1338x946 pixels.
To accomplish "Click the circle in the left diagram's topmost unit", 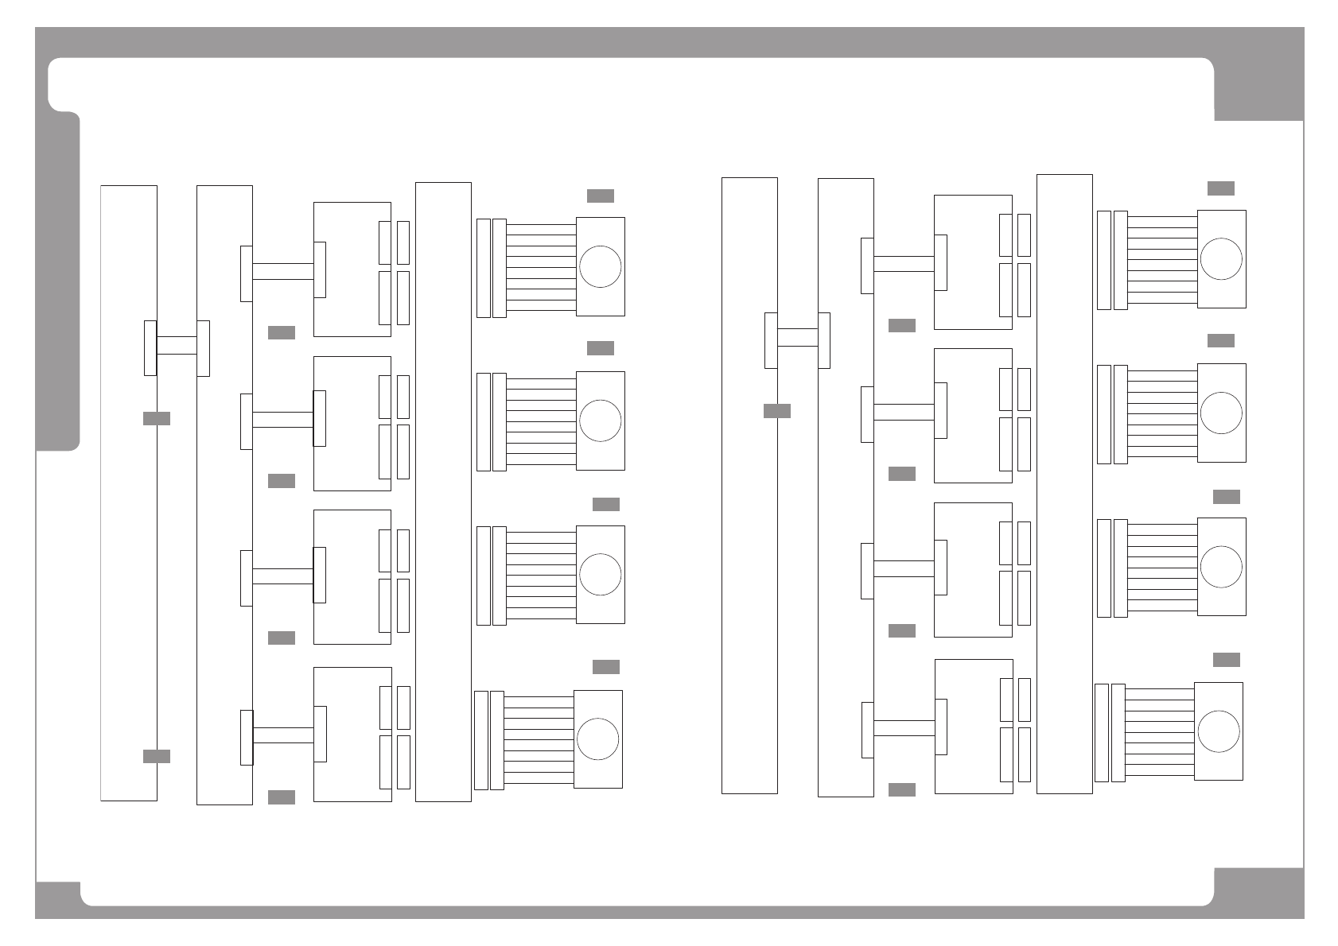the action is [601, 267].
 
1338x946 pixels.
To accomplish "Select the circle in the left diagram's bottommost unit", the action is [597, 739].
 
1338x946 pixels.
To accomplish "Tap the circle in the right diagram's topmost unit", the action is [1221, 259].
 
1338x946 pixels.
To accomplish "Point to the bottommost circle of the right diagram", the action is [1218, 731].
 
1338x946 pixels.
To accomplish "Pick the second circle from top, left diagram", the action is [601, 421].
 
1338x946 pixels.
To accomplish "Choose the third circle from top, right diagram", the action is [1221, 567].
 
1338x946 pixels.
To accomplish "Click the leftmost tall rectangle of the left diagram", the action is [129, 493].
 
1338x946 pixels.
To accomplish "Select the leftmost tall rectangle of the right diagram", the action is [749, 485].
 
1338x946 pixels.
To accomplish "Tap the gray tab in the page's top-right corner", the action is [1258, 89].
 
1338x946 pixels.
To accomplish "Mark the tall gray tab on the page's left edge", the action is [58, 282].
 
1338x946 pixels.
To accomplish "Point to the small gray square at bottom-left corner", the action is [58, 899].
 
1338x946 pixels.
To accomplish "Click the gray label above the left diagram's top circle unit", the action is [601, 196].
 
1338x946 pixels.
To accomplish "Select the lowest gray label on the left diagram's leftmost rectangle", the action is [157, 756].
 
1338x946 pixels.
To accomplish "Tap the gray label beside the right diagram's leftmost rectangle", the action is [777, 411].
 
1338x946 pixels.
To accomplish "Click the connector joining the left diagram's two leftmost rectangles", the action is [177, 346].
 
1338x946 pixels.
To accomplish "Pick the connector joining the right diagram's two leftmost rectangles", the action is [797, 338].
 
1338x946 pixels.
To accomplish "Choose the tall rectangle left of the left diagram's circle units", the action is [443, 493].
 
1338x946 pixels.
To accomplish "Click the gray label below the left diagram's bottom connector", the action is [282, 797].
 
